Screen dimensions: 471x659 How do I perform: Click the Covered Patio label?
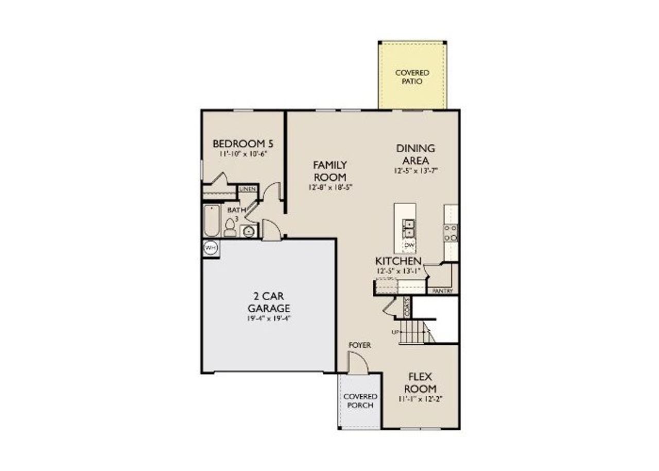coord(412,77)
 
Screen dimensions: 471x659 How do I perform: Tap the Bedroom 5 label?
coord(242,143)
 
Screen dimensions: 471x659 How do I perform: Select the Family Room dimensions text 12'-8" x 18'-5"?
coord(330,187)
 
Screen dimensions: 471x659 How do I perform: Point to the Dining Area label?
coord(415,154)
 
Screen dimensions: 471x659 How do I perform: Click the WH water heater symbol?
coord(211,248)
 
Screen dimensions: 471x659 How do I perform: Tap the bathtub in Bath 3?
coord(212,221)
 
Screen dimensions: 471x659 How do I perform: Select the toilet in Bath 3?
coord(230,227)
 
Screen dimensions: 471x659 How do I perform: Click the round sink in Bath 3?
coord(249,231)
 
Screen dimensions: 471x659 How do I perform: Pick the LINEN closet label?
coord(248,190)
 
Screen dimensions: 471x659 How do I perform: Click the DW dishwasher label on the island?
coord(409,245)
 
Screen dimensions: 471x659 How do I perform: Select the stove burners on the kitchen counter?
coord(450,232)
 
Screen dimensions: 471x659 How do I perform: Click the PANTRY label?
coord(443,291)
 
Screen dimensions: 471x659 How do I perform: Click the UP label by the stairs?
coord(395,332)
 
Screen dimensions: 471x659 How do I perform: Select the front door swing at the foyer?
coord(358,363)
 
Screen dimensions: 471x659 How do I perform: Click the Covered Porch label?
coord(360,400)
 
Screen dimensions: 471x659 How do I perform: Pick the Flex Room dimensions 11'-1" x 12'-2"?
coord(420,399)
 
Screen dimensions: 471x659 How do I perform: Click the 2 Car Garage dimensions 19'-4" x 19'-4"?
coord(269,318)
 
